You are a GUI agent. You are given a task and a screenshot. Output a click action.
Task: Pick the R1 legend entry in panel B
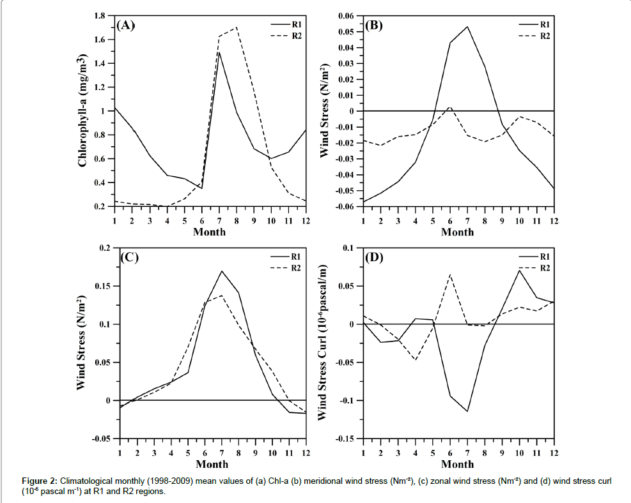(x=545, y=24)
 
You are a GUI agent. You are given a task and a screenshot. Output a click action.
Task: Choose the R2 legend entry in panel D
(x=545, y=268)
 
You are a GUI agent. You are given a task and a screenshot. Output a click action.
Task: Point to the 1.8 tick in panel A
(x=101, y=15)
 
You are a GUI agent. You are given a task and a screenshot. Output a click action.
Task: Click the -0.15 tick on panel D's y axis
(x=346, y=439)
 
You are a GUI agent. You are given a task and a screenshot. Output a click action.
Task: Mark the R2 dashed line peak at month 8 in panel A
(x=237, y=27)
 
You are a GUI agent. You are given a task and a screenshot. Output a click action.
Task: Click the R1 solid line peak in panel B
(x=467, y=26)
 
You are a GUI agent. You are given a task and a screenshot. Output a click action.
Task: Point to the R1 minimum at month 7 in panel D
(x=467, y=411)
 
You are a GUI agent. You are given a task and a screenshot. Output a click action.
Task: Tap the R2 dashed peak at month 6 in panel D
(x=450, y=274)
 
